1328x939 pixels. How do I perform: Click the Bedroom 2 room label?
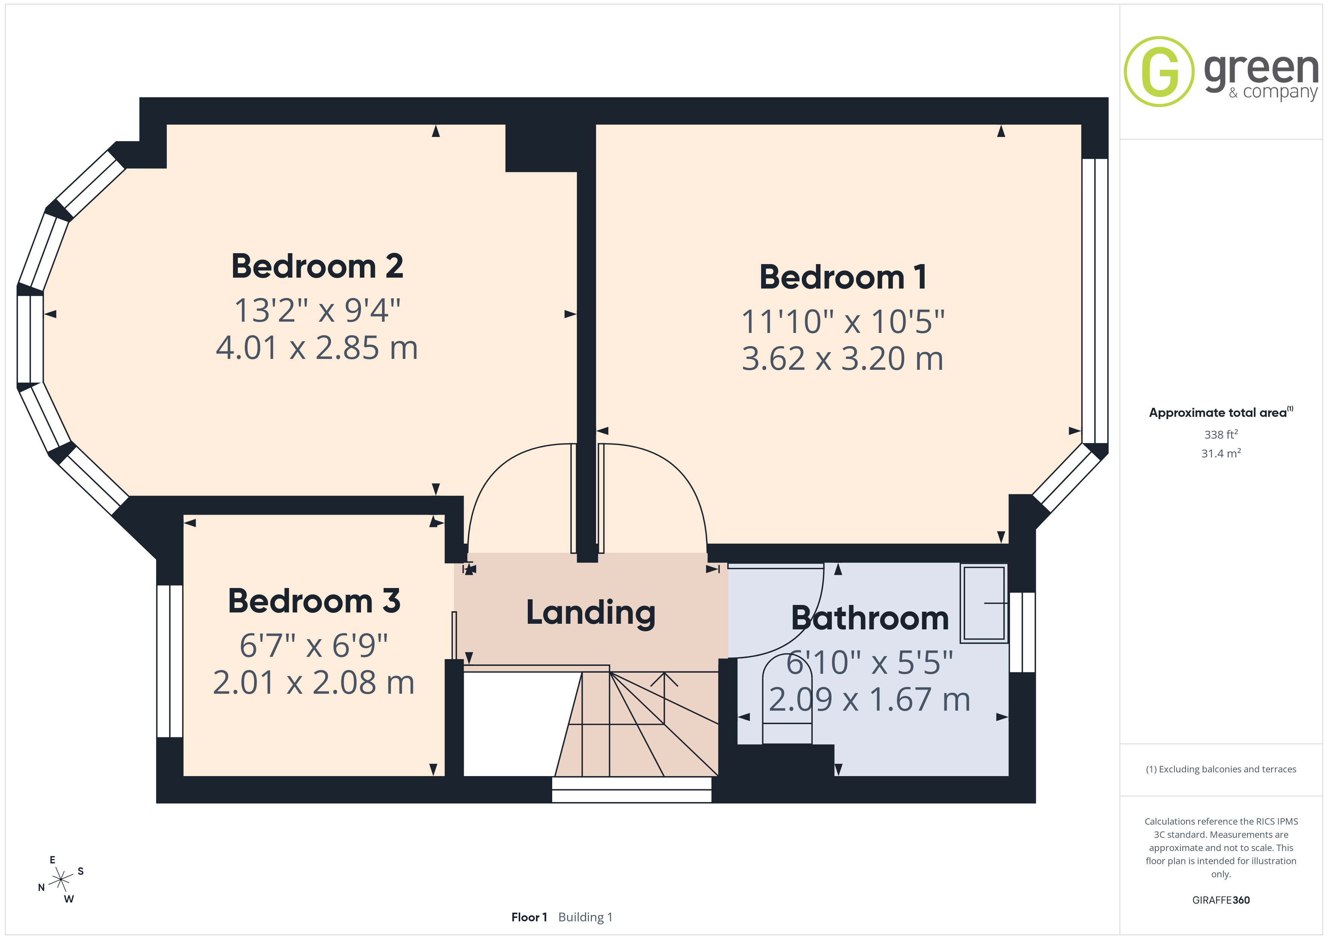(317, 267)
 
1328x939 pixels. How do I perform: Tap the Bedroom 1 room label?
(843, 278)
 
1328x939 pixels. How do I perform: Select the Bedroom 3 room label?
(314, 601)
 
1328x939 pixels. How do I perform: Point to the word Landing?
(591, 614)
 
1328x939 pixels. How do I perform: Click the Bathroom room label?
(870, 619)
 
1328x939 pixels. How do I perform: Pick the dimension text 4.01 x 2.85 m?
(317, 348)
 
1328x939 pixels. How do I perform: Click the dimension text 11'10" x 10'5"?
(843, 322)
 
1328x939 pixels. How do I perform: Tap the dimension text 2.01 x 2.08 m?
(314, 683)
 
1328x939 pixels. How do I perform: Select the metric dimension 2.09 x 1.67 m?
(869, 700)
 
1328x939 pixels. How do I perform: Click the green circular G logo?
(1159, 72)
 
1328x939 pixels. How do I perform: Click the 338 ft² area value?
(1221, 434)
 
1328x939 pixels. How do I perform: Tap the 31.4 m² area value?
(1221, 453)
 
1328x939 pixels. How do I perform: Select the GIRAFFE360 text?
(1221, 900)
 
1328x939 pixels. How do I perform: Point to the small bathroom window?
(1022, 632)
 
